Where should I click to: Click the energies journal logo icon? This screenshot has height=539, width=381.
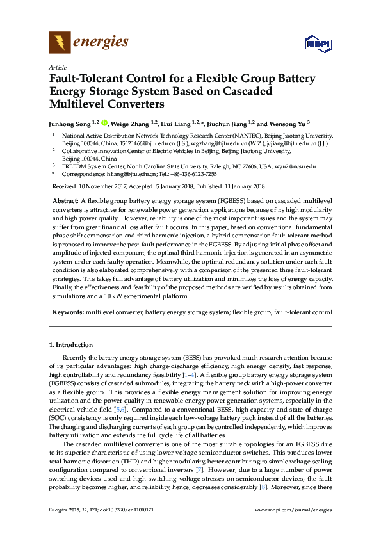click(60, 43)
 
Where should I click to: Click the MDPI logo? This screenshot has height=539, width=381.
click(317, 44)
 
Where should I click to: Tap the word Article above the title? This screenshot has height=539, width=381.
click(56, 67)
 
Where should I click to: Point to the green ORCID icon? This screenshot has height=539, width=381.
click(104, 123)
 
